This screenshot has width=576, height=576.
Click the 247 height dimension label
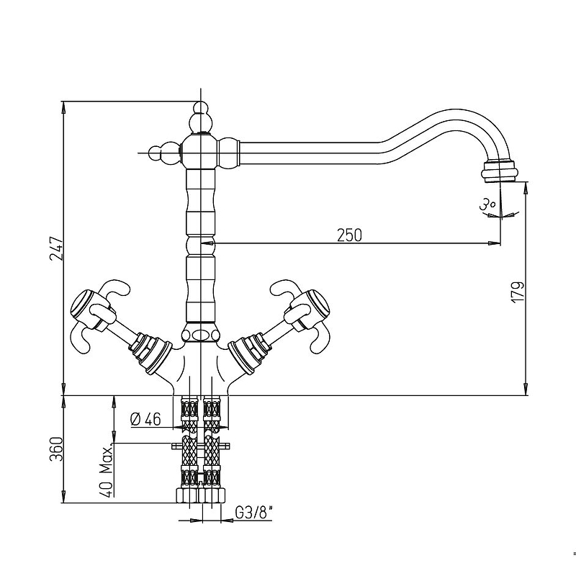tap(57, 248)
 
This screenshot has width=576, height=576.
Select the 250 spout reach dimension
tap(349, 235)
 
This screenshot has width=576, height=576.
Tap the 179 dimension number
tap(517, 292)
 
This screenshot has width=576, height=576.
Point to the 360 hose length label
tap(57, 449)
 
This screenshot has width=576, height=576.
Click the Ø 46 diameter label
tap(145, 419)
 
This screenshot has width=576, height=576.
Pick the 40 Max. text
tap(107, 472)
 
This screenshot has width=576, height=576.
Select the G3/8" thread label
tap(254, 513)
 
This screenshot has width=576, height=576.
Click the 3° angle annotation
tap(489, 204)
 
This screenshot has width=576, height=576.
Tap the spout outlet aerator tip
tap(500, 171)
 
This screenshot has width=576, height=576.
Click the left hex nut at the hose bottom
tap(187, 495)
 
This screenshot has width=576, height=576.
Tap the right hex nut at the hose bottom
tap(212, 495)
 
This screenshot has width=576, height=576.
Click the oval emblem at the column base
tap(201, 335)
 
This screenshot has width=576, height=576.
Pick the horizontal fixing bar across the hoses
tap(201, 446)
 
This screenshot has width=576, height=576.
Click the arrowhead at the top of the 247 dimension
tap(63, 108)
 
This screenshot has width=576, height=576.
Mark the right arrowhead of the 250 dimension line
tap(494, 243)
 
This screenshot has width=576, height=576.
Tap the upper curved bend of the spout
tap(456, 114)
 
